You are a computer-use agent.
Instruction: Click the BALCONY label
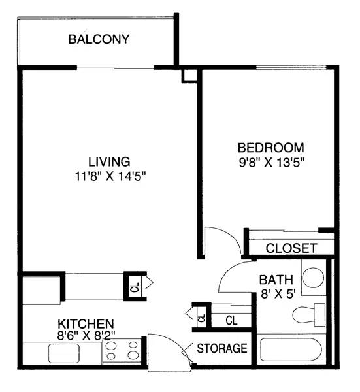(99, 39)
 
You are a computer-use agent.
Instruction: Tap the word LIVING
(109, 161)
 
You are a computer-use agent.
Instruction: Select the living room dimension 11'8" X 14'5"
(110, 176)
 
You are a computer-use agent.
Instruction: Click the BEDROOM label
(271, 148)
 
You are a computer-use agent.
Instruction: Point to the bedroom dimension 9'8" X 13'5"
(272, 163)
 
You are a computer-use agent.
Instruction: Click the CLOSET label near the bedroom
(291, 248)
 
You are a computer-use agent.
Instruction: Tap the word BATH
(276, 280)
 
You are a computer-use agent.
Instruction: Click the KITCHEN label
(86, 324)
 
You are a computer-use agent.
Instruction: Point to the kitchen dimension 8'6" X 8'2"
(86, 336)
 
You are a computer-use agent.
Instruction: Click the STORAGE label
(222, 348)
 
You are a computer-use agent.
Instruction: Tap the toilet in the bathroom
(309, 315)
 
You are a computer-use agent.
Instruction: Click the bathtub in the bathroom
(291, 350)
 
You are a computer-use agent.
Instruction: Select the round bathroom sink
(313, 278)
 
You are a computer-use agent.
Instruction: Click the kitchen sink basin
(64, 353)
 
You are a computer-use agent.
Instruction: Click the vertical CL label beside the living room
(135, 287)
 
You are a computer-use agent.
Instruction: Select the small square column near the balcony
(189, 76)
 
